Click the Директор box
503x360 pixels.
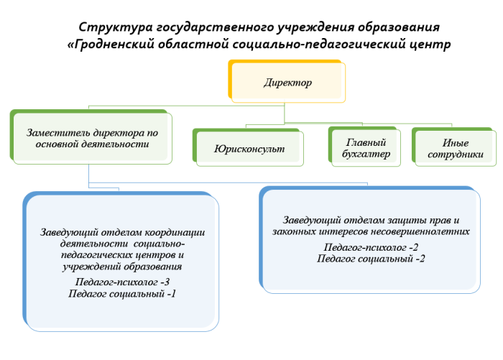287,81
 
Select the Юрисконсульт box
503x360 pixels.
248,147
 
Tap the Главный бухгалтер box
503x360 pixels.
364,147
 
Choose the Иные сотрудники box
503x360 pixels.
454,147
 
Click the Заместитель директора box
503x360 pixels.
91,137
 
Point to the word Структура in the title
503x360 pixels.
116,27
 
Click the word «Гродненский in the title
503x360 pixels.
111,44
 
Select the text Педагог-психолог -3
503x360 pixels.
122,282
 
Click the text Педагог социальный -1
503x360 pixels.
122,294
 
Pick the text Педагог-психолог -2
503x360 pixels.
371,247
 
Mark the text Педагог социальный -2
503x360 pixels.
371,259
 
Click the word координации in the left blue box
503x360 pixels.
175,233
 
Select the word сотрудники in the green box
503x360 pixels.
456,154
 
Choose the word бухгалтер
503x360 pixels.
366,154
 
